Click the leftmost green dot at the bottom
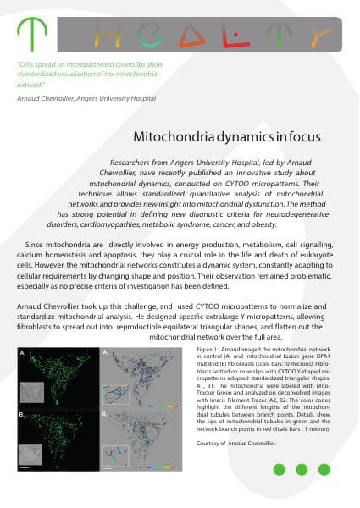point(278,470)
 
